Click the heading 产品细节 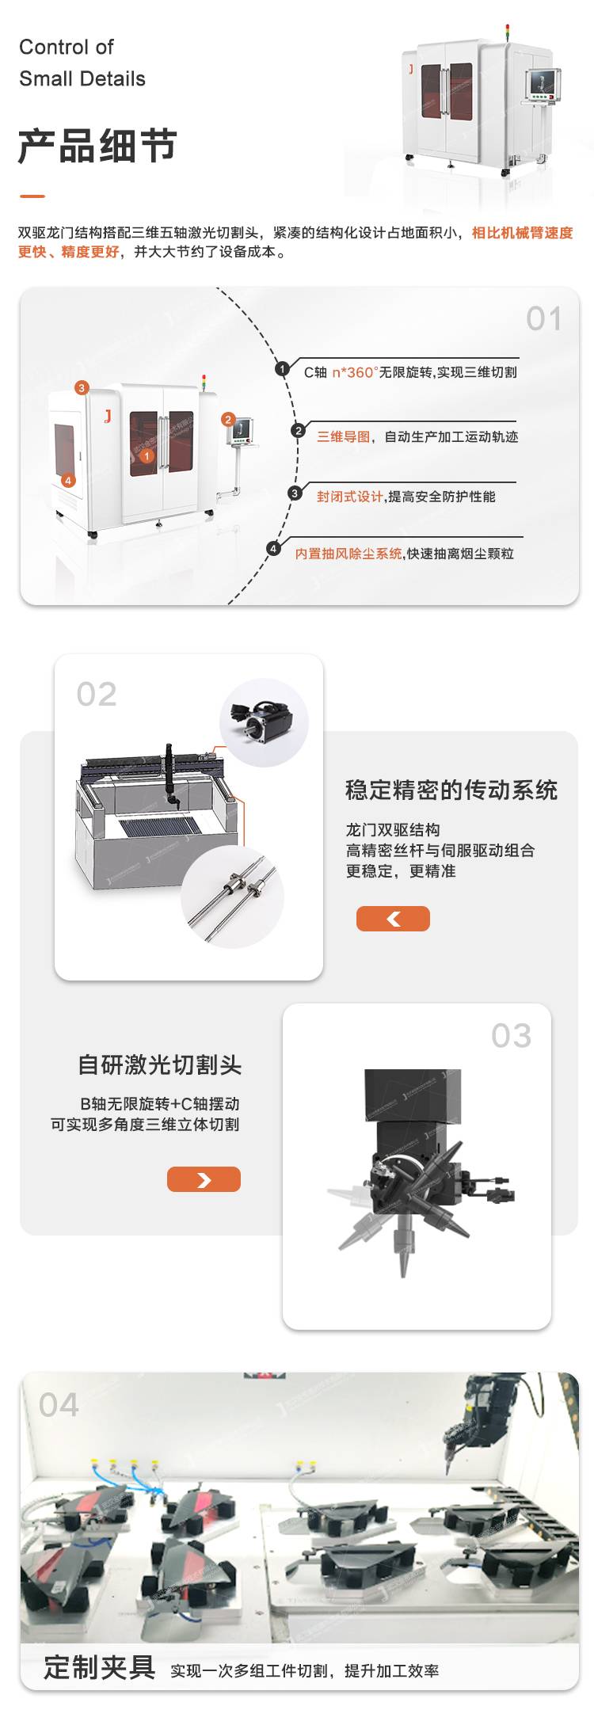click(97, 146)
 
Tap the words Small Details click(82, 79)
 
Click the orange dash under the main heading click(32, 196)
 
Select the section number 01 click(544, 319)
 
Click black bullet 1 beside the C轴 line click(282, 369)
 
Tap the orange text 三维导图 click(344, 436)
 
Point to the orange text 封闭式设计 click(350, 497)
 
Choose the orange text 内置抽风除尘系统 click(348, 554)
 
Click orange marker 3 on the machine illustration click(82, 388)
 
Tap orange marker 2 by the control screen click(228, 419)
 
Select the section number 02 click(97, 695)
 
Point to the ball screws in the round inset click(232, 896)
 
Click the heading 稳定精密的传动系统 click(451, 790)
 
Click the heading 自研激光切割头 click(159, 1064)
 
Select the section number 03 click(511, 1036)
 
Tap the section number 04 click(59, 1405)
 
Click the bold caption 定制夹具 click(99, 1667)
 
